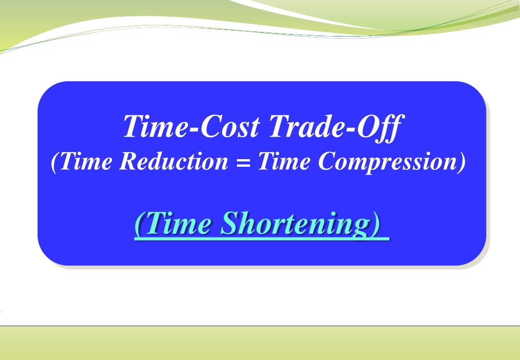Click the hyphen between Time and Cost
click(x=194, y=129)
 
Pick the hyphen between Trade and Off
click(x=351, y=129)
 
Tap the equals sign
click(x=243, y=163)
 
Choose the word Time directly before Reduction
click(x=86, y=161)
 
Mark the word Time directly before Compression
click(x=284, y=161)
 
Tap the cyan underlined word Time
click(x=178, y=223)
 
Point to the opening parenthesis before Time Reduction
click(x=55, y=162)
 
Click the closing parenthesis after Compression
click(x=462, y=162)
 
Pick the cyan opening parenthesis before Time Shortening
click(x=139, y=224)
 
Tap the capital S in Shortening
click(x=231, y=223)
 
